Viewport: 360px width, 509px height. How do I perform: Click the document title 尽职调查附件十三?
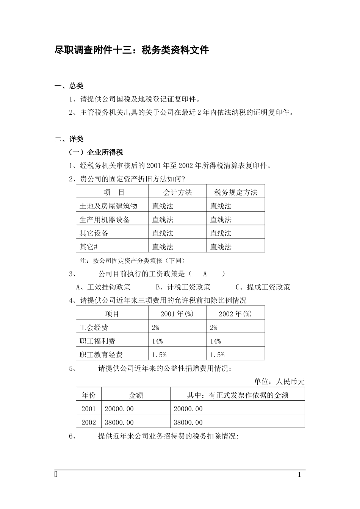tap(132, 50)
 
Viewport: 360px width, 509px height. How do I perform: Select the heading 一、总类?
tap(69, 86)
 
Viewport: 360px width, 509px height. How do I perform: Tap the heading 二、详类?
tap(69, 139)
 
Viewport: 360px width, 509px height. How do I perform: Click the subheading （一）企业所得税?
tap(95, 153)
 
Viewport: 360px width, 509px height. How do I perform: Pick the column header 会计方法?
tap(177, 192)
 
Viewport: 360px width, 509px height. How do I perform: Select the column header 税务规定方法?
tap(236, 192)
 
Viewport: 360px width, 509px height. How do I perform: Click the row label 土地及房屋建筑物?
tap(108, 206)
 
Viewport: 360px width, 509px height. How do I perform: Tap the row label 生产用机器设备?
tap(105, 220)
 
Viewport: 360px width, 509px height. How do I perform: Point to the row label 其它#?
tap(89, 247)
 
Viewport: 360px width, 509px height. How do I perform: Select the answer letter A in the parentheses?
tap(205, 274)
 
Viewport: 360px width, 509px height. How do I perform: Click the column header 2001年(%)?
tap(177, 314)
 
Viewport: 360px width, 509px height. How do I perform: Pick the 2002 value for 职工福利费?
tap(216, 341)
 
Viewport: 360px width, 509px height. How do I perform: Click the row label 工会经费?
tap(94, 328)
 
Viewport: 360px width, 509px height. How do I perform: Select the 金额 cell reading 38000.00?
tap(119, 422)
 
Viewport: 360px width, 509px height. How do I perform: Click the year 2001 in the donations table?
tap(89, 409)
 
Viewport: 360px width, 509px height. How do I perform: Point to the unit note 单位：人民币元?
tap(279, 381)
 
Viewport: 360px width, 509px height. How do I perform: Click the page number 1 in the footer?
tap(299, 475)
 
